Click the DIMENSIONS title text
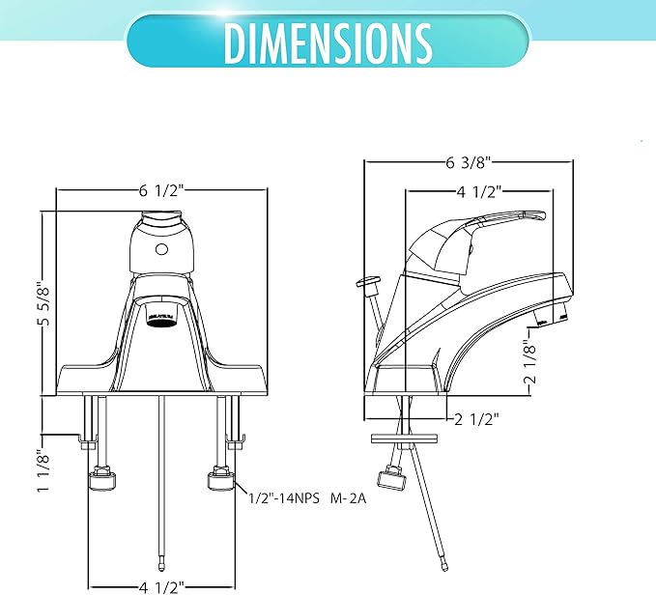tap(328, 42)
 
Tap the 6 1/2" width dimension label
tap(161, 190)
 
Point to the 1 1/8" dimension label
tap(43, 471)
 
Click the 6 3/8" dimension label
tap(468, 162)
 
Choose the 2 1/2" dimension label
tap(476, 419)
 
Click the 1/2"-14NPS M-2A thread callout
tap(307, 498)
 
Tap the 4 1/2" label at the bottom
tap(161, 587)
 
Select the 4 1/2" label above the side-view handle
tap(479, 191)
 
